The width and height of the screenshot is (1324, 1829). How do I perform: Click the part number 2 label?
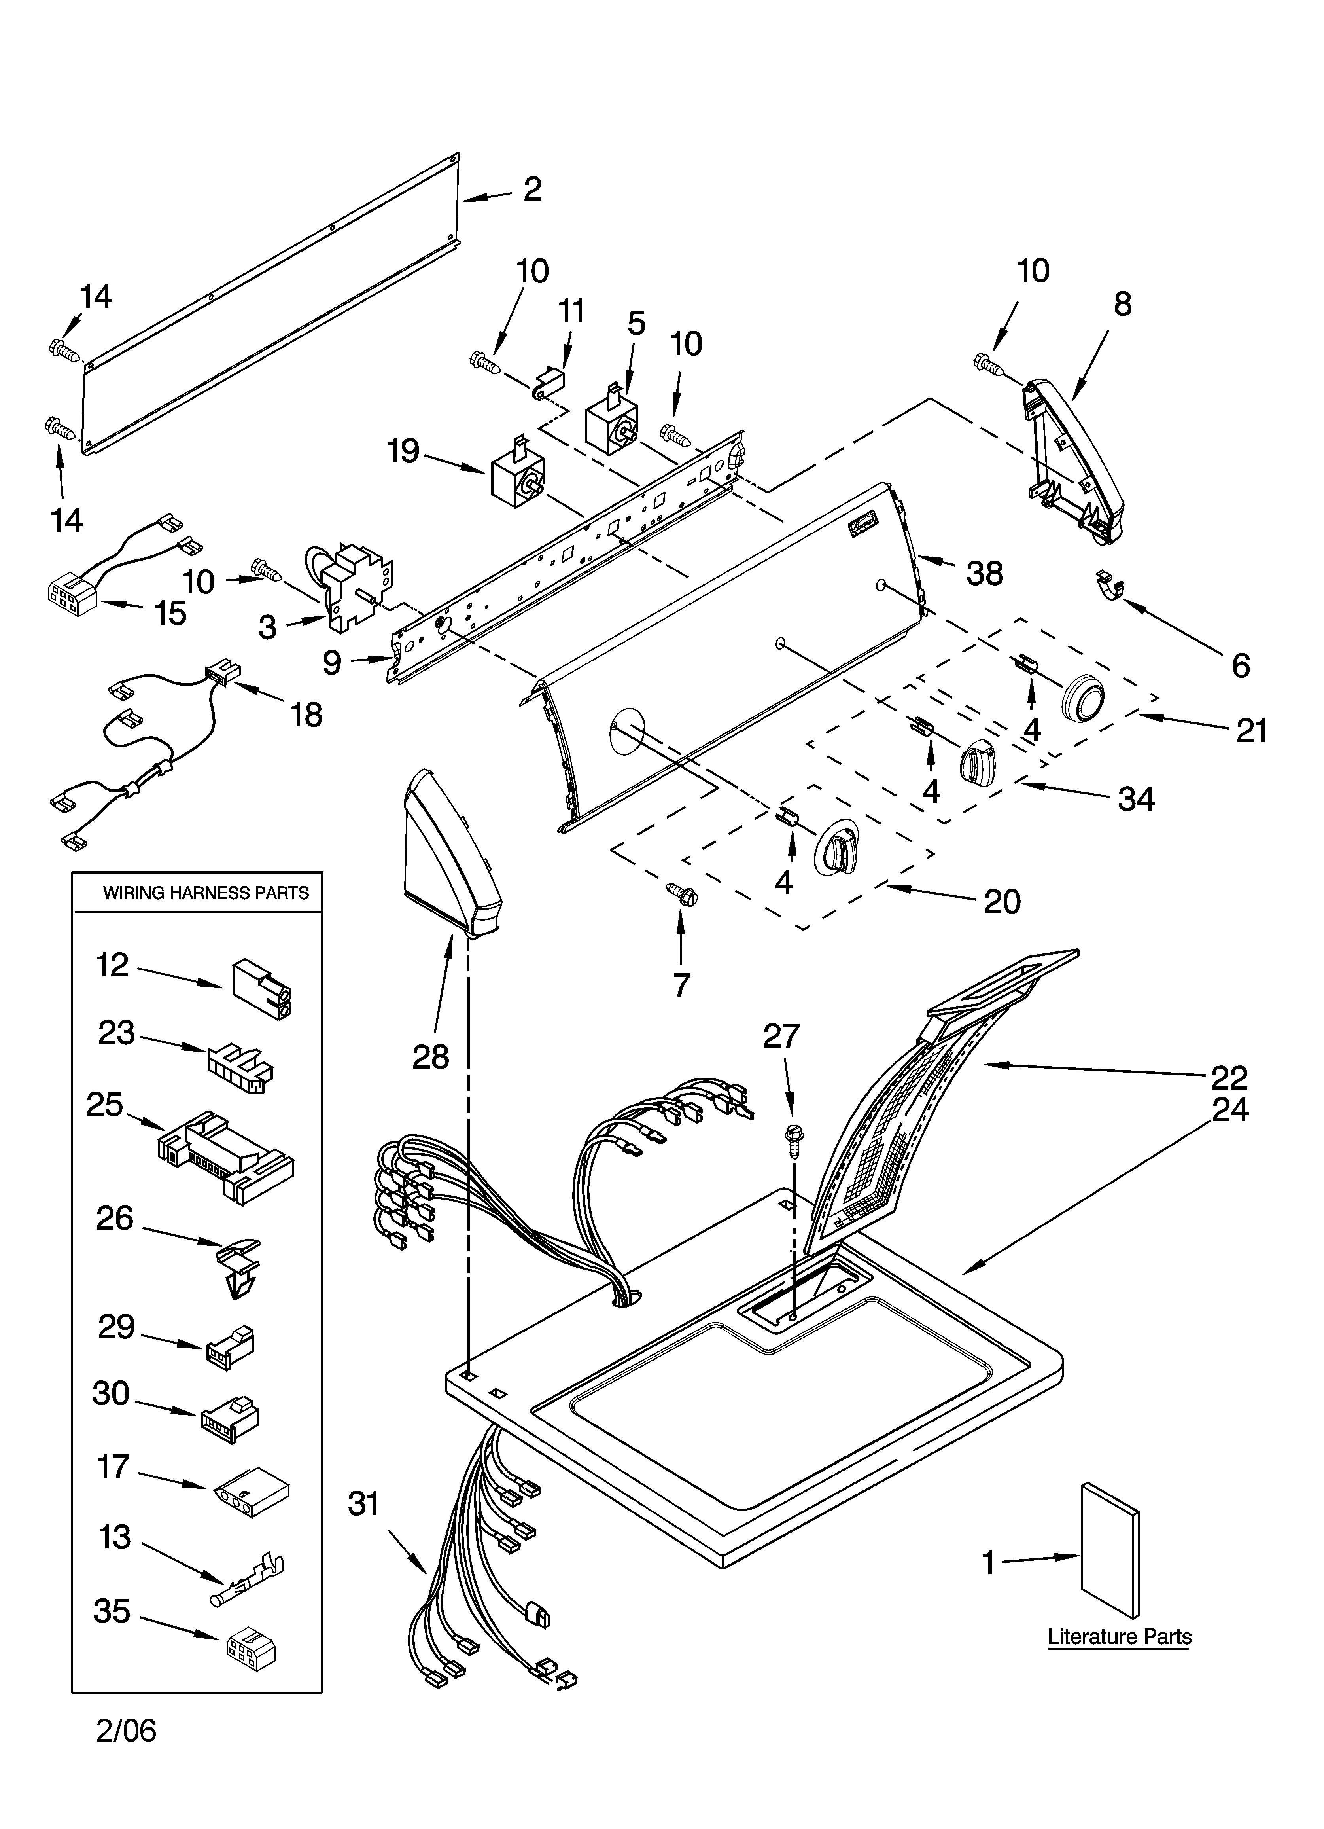[x=532, y=190]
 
